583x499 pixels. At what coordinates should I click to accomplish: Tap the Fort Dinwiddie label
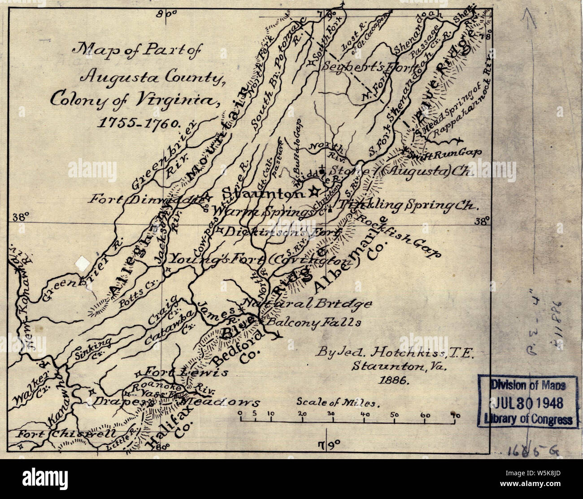(x=143, y=199)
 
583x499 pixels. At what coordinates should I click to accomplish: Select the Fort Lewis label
(x=186, y=372)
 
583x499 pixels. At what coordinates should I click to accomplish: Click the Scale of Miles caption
(x=338, y=402)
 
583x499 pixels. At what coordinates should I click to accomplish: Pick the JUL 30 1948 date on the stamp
(x=523, y=403)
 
